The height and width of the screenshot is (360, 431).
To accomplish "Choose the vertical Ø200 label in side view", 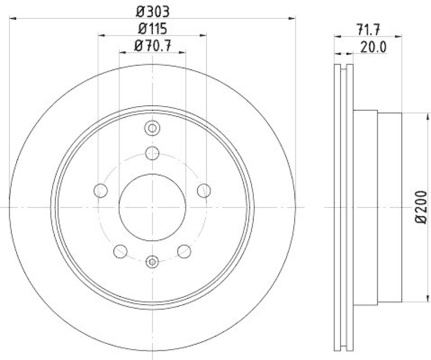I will pos(421,207).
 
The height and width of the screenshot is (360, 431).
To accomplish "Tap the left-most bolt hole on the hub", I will pos(100,190).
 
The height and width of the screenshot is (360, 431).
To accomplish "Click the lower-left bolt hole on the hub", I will pos(120,251).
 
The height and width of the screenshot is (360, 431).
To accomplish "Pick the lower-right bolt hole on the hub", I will pos(184,251).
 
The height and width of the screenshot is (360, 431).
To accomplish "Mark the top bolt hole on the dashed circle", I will pos(152,153).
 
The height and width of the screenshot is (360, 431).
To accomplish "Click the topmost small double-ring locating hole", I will pos(152,128).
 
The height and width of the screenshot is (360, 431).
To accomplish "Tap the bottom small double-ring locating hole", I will pos(152,262).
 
